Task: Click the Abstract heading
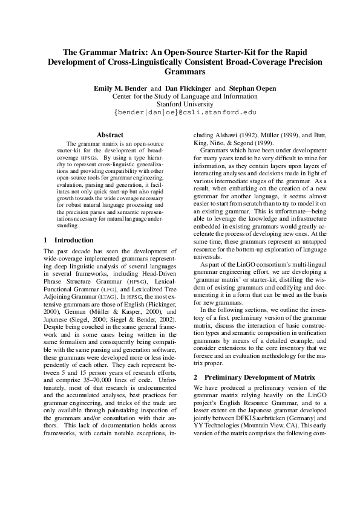click(x=110, y=135)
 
